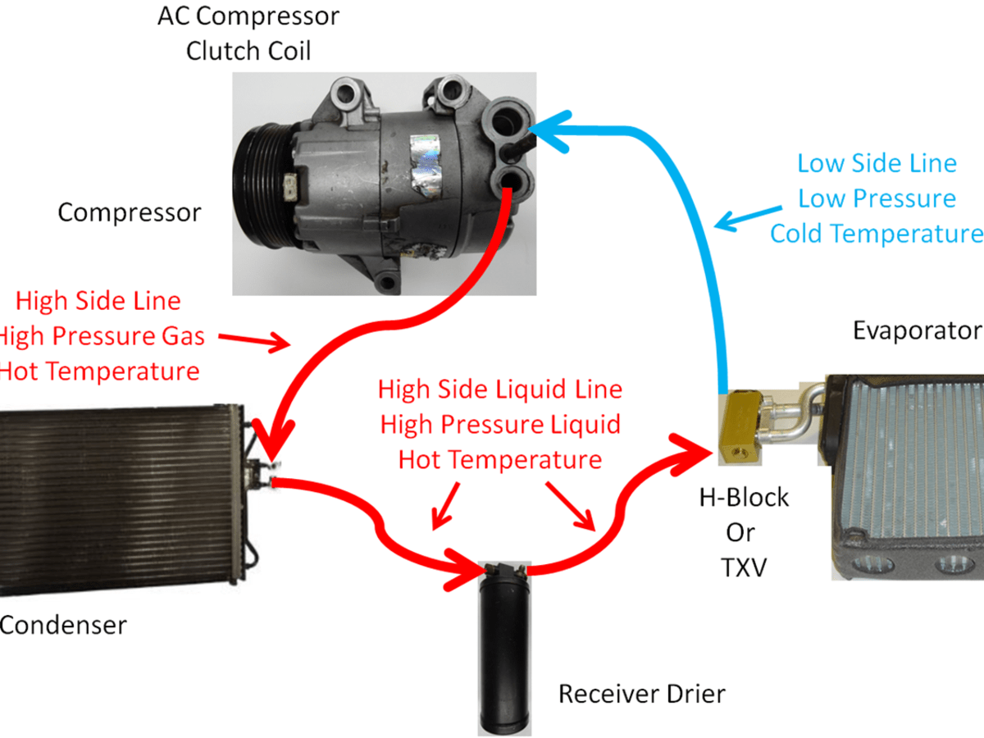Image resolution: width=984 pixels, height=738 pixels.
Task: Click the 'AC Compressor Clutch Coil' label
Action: [249, 33]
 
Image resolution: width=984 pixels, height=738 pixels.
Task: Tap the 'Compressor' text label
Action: [129, 213]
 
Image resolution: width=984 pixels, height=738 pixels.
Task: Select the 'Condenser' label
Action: [62, 626]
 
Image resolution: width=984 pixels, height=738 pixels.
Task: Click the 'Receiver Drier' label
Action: [642, 695]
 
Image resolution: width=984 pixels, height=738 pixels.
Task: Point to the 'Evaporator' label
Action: [917, 330]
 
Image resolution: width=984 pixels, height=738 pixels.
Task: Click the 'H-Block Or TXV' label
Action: [745, 532]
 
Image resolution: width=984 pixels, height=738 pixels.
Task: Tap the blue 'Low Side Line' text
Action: [877, 163]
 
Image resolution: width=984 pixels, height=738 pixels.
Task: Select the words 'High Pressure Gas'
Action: [107, 335]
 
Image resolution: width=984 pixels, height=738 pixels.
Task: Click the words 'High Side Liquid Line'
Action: [500, 389]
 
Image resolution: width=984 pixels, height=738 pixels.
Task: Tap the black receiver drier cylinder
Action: [505, 648]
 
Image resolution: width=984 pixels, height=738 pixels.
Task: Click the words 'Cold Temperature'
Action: [876, 234]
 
